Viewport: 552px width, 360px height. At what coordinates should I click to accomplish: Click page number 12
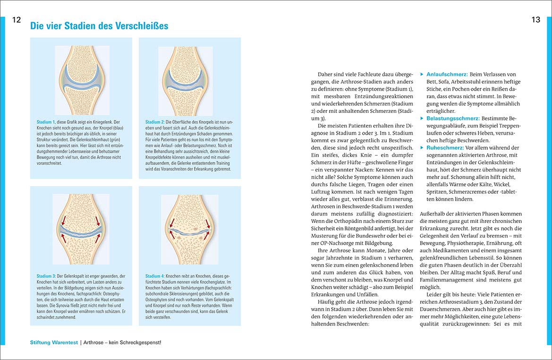pyautogui.click(x=17, y=20)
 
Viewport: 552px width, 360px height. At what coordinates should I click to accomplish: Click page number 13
pyautogui.click(x=535, y=20)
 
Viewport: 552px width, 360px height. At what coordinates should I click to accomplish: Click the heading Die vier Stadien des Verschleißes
pyautogui.click(x=99, y=26)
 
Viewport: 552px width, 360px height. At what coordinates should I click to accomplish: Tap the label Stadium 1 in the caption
pyautogui.click(x=46, y=122)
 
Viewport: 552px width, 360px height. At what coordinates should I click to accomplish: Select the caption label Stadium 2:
pyautogui.click(x=156, y=122)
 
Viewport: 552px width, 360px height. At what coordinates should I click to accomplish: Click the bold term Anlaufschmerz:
pyautogui.click(x=447, y=75)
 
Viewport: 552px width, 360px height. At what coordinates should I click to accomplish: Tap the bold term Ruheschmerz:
pyautogui.click(x=445, y=148)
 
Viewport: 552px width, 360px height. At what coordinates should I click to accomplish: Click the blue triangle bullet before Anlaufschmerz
pyautogui.click(x=422, y=75)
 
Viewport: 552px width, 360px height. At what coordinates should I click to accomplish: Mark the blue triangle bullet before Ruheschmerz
pyautogui.click(x=422, y=148)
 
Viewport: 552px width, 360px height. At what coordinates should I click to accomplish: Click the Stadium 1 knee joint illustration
pyautogui.click(x=82, y=80)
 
